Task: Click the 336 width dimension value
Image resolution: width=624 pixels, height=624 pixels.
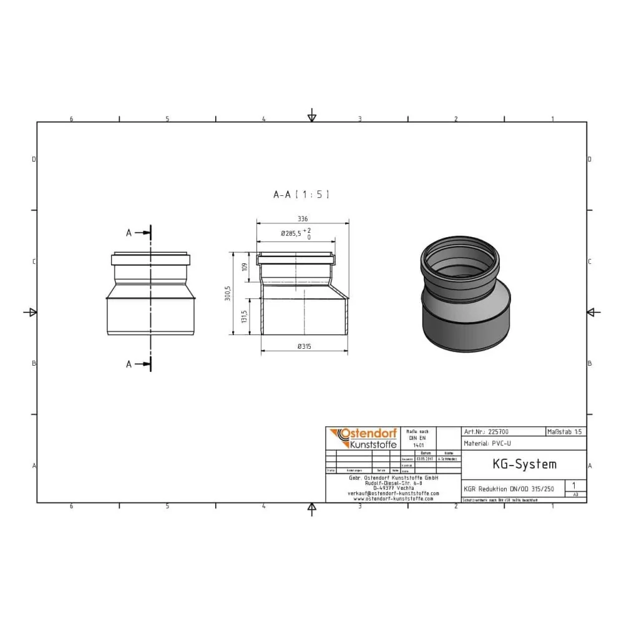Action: click(303, 219)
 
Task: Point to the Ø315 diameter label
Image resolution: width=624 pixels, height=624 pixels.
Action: click(305, 346)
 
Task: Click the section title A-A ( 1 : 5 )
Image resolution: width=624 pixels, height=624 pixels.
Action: click(301, 195)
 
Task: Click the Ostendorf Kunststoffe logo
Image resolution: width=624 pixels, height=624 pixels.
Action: click(364, 438)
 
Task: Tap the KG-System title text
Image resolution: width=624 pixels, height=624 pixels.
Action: click(515, 464)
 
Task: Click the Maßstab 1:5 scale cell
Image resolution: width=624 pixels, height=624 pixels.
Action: click(565, 431)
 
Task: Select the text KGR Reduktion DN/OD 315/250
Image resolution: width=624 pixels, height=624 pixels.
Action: click(509, 489)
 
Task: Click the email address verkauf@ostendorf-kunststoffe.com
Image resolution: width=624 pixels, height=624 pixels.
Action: click(393, 493)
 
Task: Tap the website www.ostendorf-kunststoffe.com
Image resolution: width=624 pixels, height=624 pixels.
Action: click(393, 499)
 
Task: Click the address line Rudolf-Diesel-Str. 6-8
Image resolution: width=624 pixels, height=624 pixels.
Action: click(393, 482)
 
